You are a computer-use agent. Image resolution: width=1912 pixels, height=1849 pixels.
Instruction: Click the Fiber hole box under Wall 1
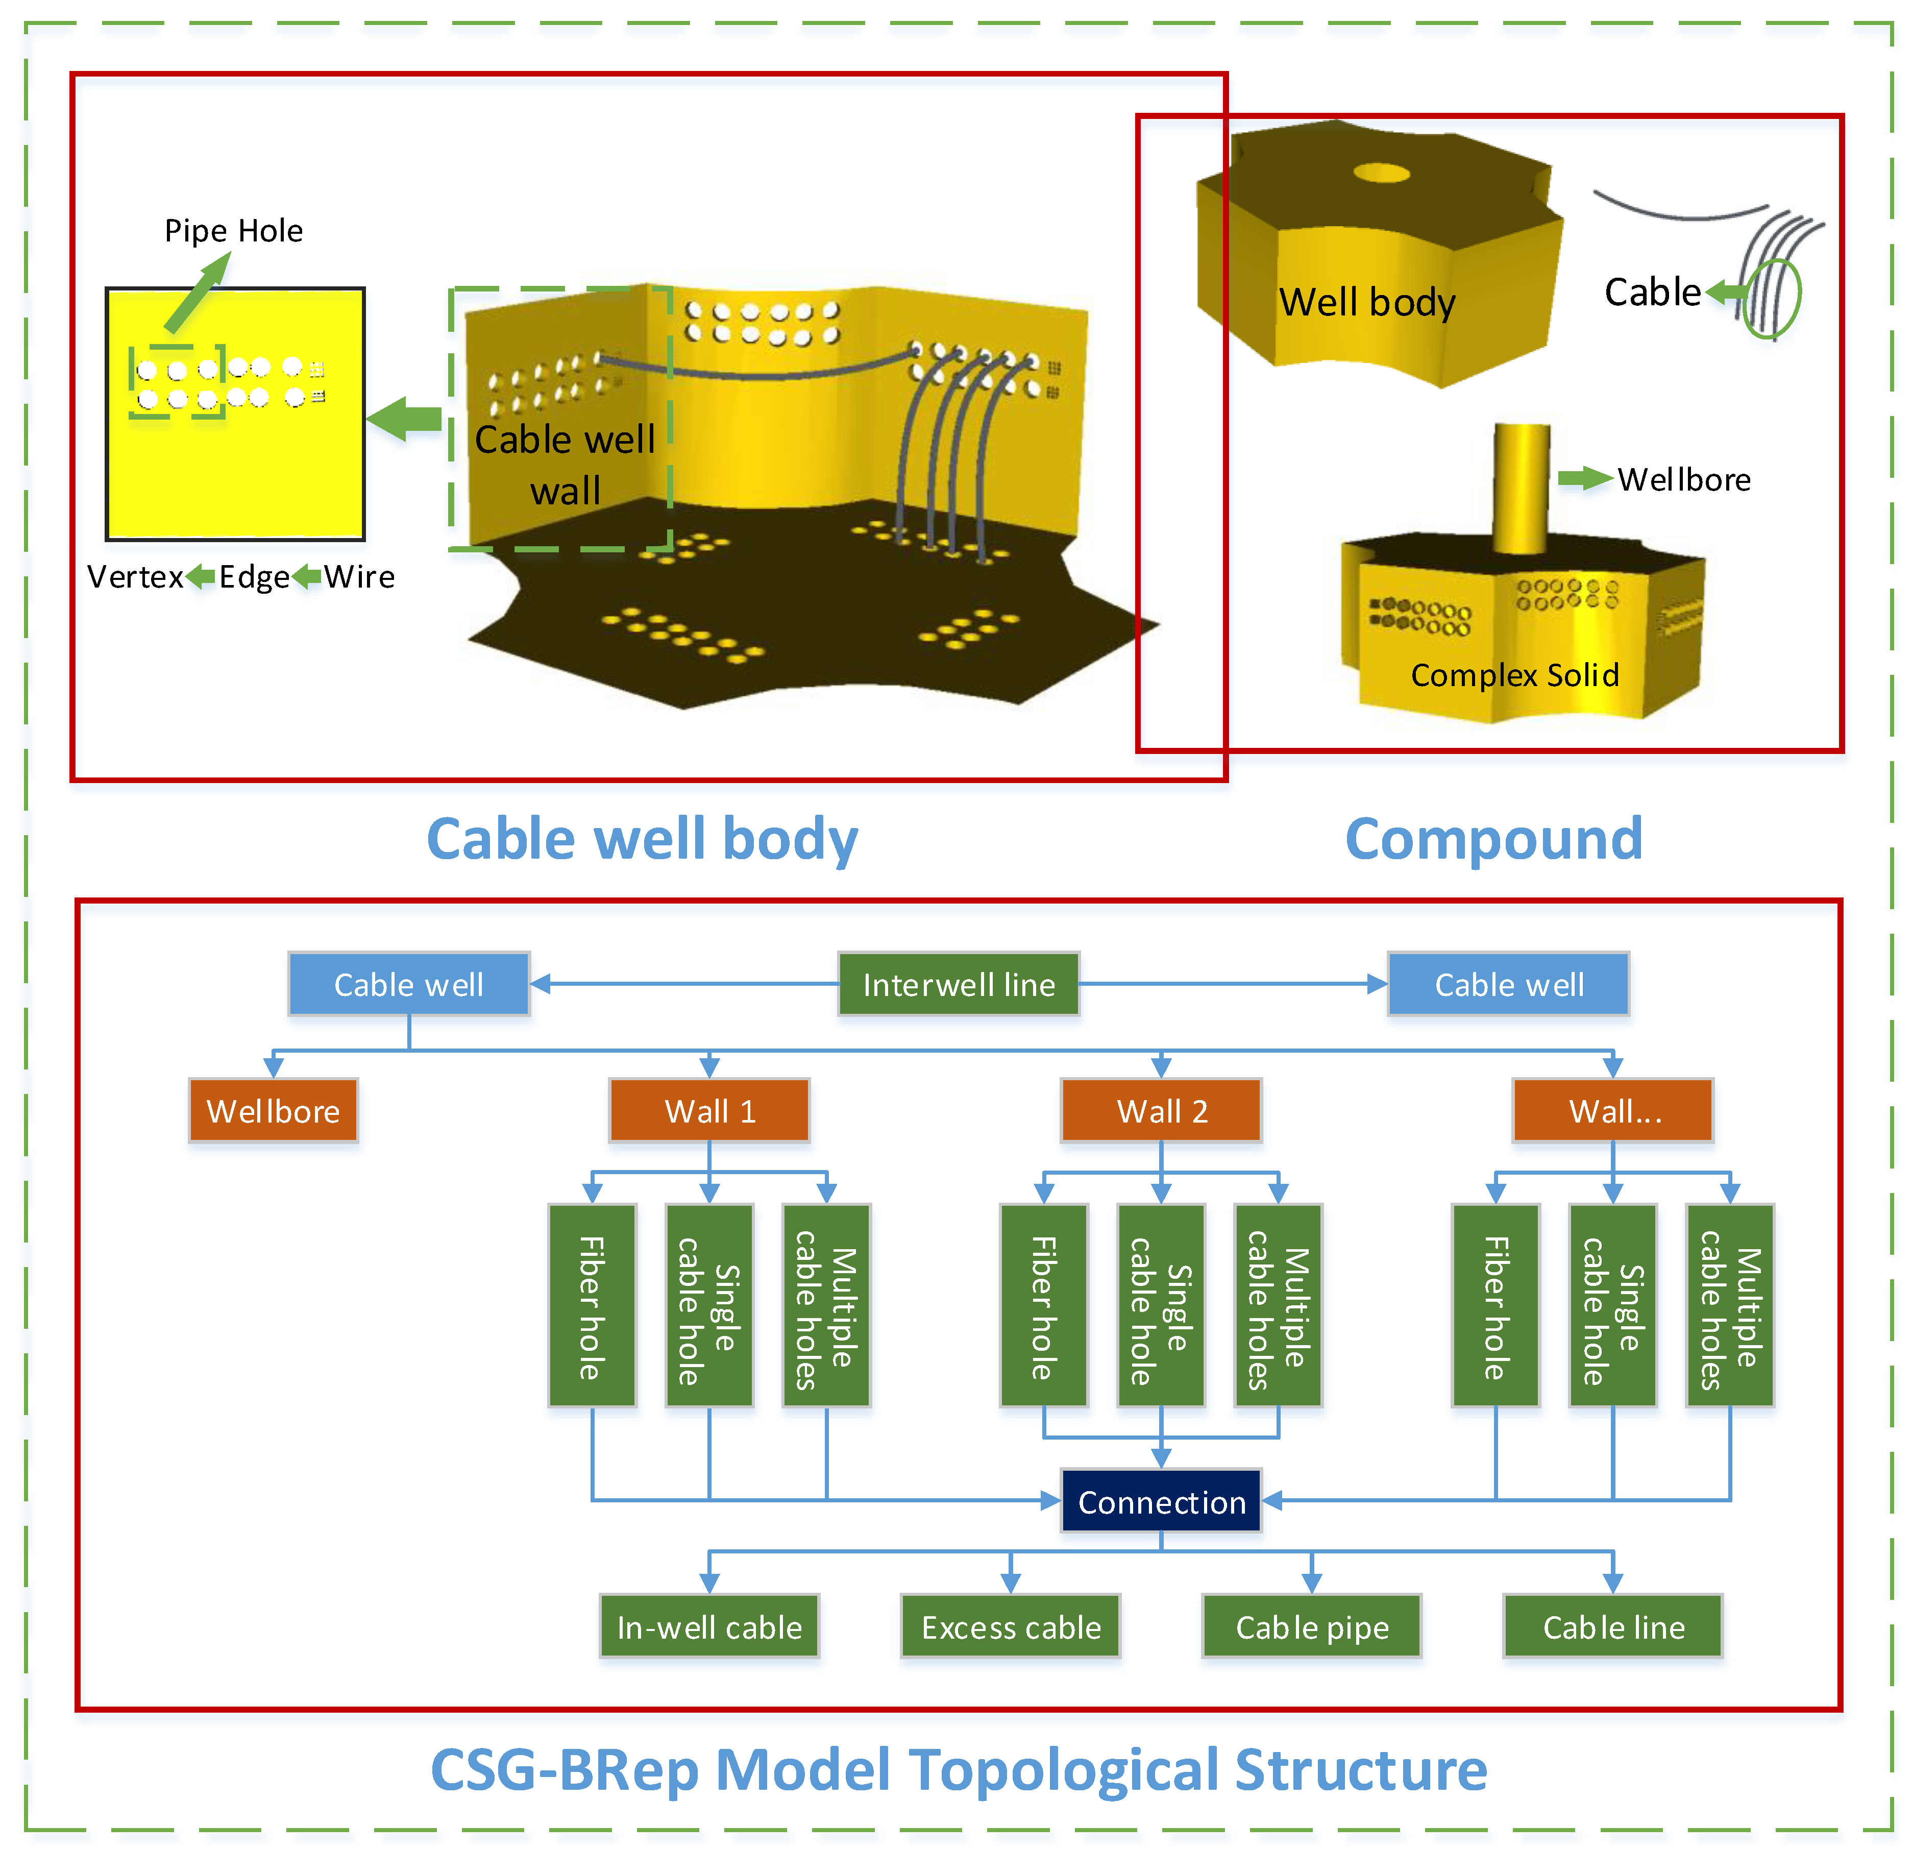click(592, 1305)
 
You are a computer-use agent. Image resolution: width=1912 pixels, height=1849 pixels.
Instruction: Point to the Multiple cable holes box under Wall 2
click(1278, 1305)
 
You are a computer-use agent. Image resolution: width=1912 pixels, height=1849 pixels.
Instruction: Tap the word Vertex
click(135, 577)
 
